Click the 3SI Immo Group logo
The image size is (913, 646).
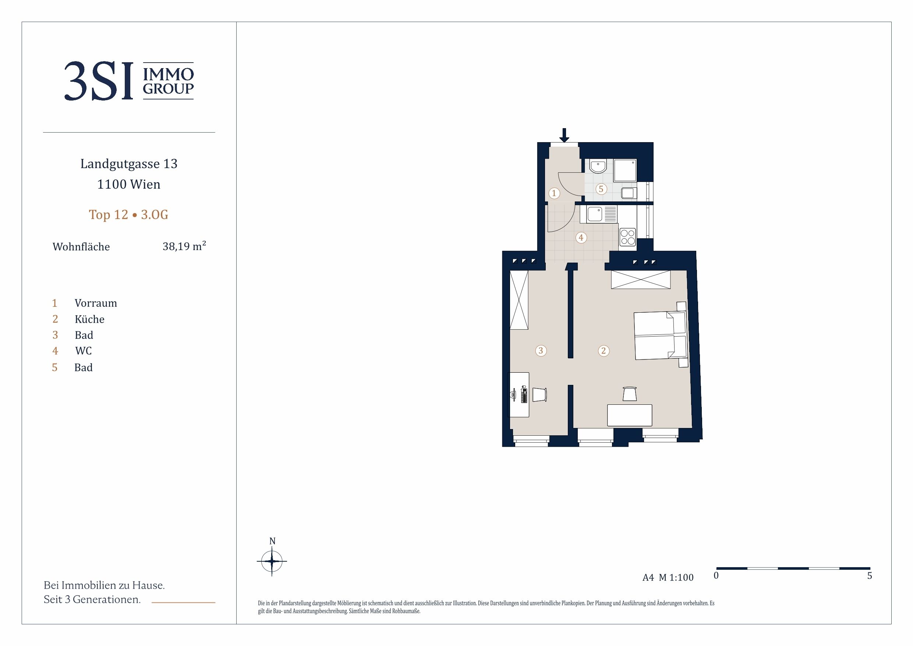pos(129,81)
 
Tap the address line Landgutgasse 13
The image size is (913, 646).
pos(129,164)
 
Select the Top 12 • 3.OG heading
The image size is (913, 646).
pos(128,215)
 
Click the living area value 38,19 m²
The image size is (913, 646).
pos(184,246)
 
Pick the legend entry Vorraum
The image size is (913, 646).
pos(96,303)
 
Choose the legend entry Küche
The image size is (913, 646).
pos(89,319)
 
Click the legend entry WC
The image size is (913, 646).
pos(84,351)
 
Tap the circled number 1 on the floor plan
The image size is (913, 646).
pos(554,193)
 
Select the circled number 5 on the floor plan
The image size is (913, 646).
pos(601,189)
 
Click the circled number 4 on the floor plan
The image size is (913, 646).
pos(581,238)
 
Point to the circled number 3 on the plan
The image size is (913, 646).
pos(541,351)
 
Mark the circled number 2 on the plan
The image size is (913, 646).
pos(603,351)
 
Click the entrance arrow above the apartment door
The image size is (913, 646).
pos(564,135)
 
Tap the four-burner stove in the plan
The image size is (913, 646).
pos(627,237)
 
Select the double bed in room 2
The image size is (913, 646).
pos(661,335)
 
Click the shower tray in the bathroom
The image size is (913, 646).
pos(625,171)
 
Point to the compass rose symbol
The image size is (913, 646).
pos(272,561)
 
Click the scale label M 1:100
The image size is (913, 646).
pos(676,577)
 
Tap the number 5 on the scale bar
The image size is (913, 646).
pos(869,576)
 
